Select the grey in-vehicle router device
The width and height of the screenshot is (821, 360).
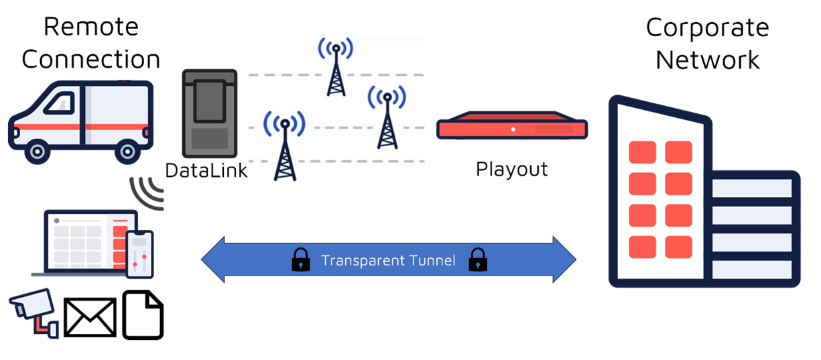[x=210, y=113]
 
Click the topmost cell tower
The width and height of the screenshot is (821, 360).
[x=336, y=67]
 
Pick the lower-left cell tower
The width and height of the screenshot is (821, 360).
[x=285, y=147]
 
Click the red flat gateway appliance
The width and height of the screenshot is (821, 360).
[x=512, y=127]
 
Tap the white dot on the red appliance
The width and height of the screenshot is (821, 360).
[x=513, y=128]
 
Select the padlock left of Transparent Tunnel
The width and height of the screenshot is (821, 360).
[x=301, y=259]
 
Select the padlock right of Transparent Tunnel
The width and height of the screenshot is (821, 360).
[x=477, y=259]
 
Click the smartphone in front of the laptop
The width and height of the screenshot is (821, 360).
[x=139, y=254]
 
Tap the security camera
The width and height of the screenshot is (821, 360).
[x=32, y=308]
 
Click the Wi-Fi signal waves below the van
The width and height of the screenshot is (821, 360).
[x=147, y=192]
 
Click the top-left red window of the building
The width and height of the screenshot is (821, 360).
[x=642, y=152]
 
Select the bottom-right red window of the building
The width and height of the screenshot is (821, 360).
[x=678, y=247]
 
